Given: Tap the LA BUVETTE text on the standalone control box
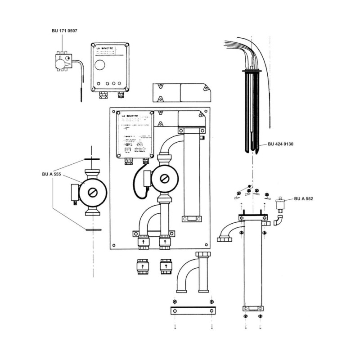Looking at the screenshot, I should click(104, 47).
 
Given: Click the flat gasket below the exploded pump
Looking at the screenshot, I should click(93, 230).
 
